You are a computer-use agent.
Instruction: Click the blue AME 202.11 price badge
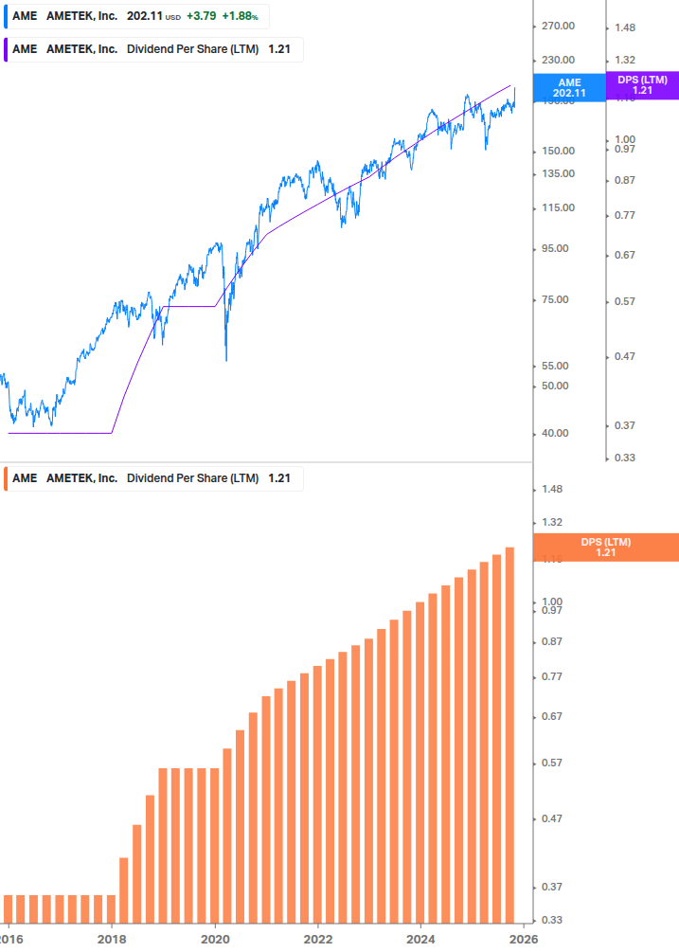coord(569,87)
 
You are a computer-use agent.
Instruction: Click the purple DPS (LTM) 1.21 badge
coord(642,84)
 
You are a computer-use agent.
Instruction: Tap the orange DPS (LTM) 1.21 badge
coord(605,547)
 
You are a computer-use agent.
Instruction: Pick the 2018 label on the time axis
coord(112,938)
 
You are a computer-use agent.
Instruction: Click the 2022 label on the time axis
coord(318,938)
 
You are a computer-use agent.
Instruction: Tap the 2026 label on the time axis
coord(524,938)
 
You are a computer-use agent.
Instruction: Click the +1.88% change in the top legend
coord(241,16)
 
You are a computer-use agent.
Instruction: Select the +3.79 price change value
coord(201,16)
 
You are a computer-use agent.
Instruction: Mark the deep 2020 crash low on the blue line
coord(226,359)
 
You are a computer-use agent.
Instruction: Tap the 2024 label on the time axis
coord(420,938)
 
